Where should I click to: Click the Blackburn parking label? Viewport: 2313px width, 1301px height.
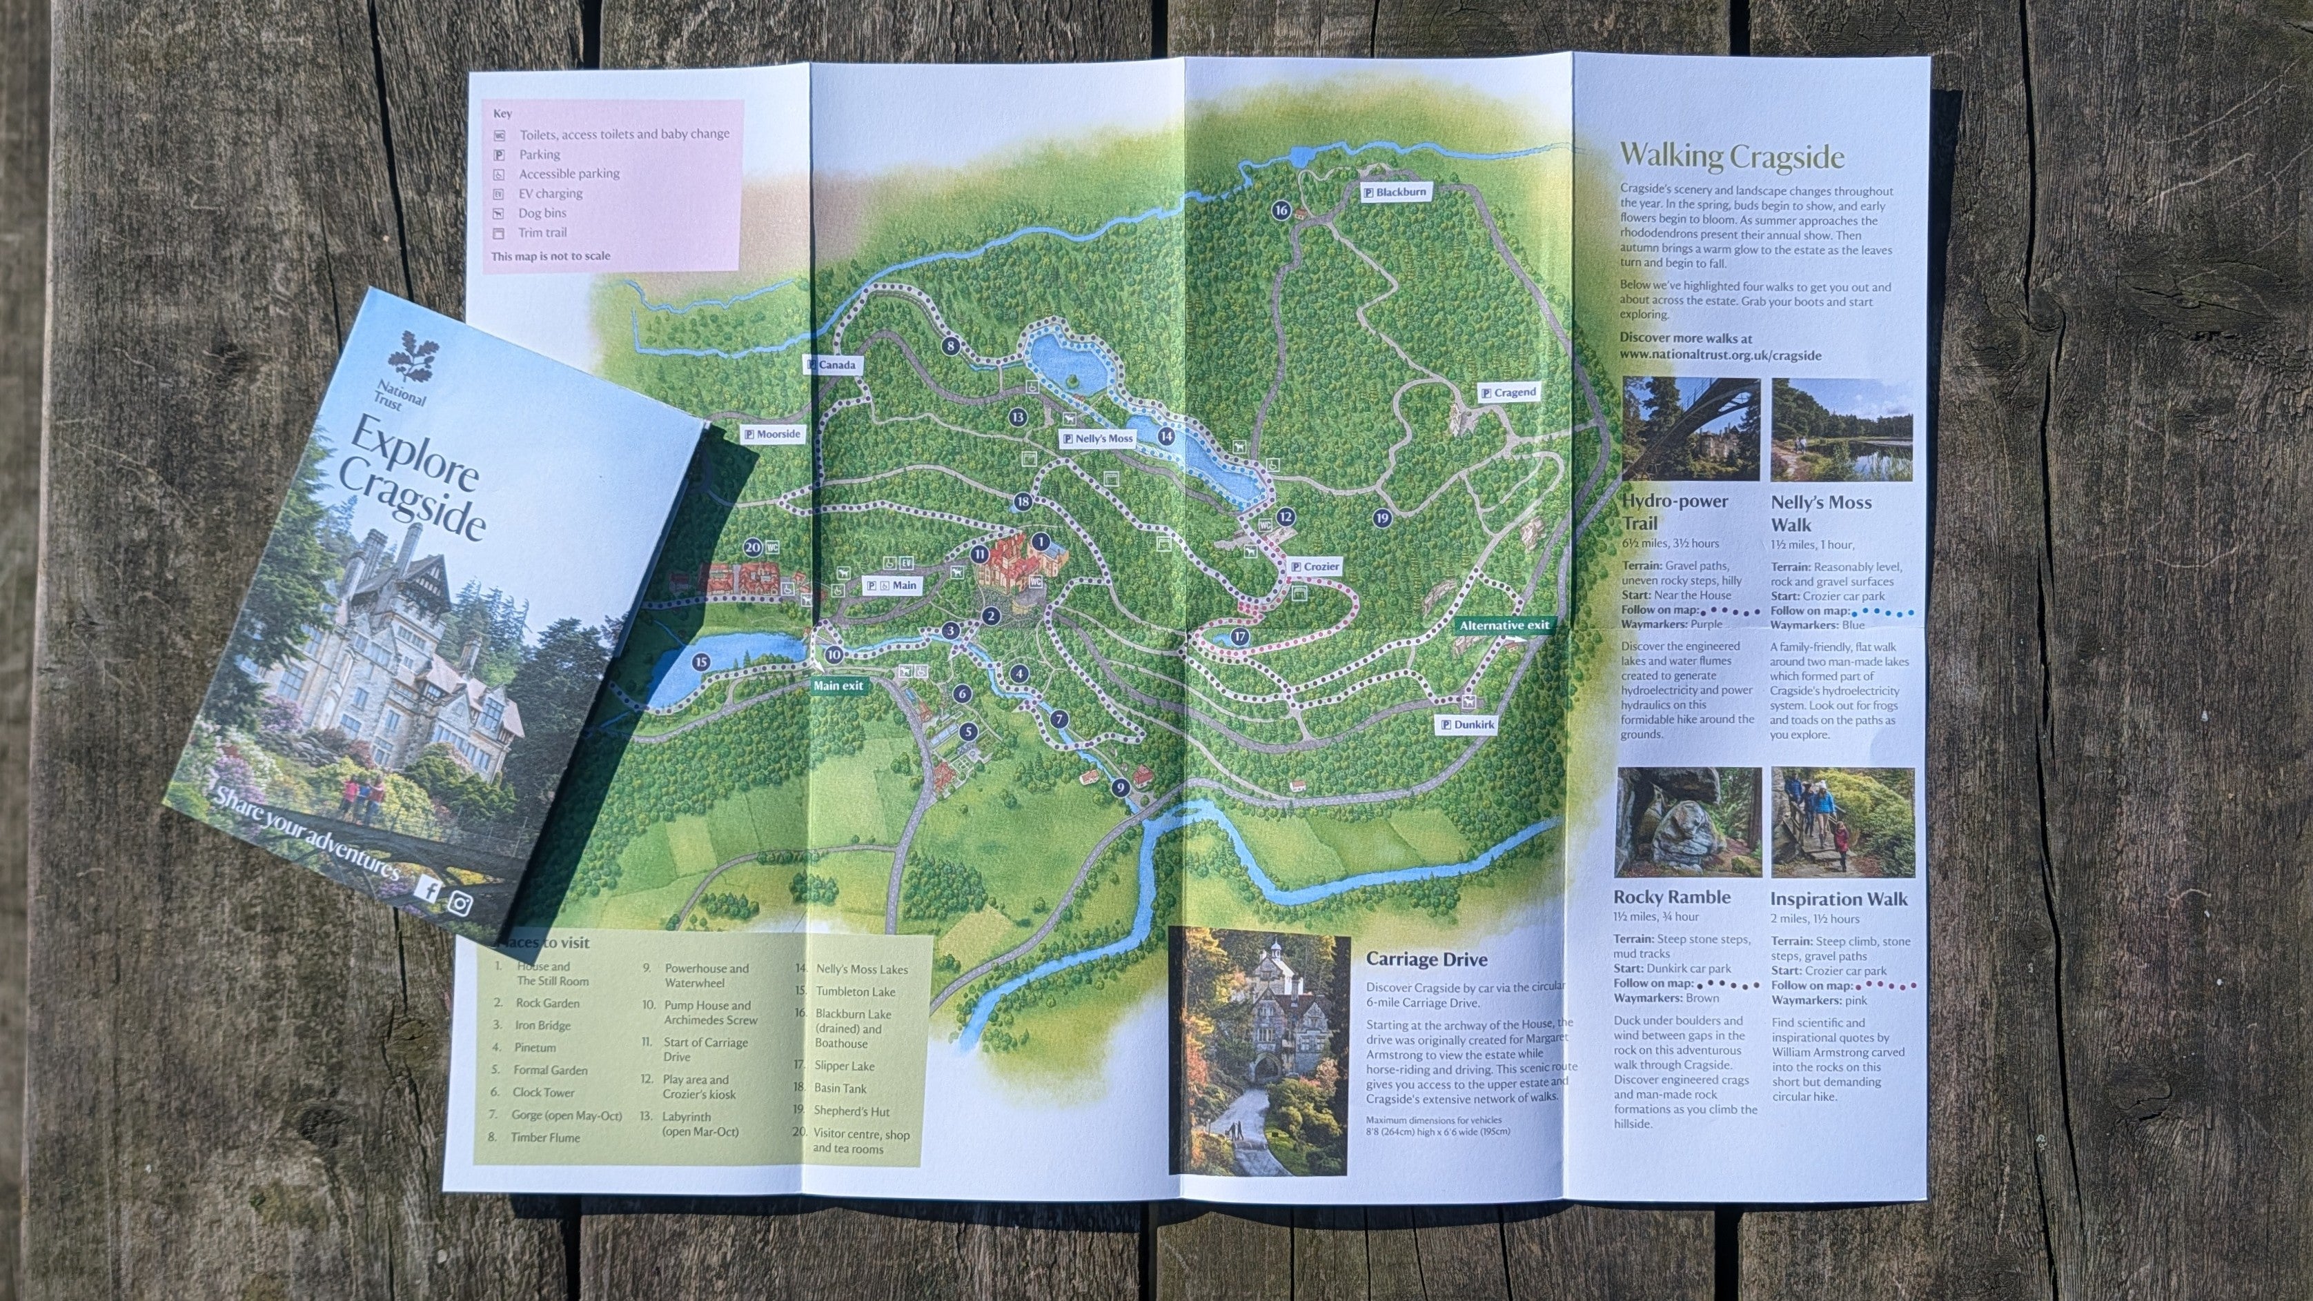[x=1394, y=192]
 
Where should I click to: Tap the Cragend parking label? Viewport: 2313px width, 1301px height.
[x=1508, y=393]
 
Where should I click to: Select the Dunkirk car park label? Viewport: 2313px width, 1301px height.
[x=1469, y=724]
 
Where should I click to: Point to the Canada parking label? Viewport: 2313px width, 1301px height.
[x=831, y=364]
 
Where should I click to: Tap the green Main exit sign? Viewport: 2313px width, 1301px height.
[x=838, y=686]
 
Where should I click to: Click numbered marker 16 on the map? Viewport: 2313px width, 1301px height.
[x=1281, y=211]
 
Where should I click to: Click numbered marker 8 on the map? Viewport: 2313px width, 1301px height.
[x=951, y=346]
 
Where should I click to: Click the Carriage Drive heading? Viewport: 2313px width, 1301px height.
[x=1427, y=959]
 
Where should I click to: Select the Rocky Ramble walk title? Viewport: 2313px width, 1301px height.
[x=1672, y=897]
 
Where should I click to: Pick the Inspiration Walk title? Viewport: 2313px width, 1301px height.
[x=1839, y=899]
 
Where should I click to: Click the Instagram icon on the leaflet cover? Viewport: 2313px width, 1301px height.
[x=460, y=902]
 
